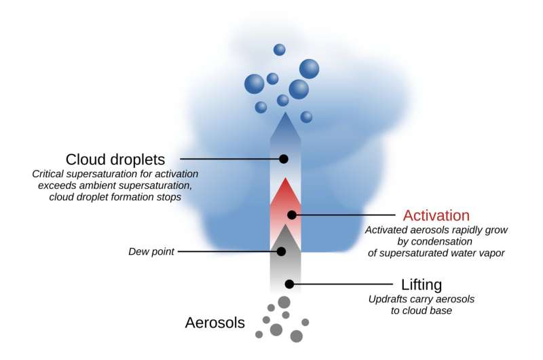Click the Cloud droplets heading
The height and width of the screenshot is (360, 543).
coord(115,160)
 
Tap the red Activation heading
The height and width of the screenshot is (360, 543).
coord(436,215)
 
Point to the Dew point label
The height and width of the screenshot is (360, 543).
coord(151,251)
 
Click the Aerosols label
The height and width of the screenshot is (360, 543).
coord(214,322)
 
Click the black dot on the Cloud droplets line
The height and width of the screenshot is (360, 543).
coord(284,159)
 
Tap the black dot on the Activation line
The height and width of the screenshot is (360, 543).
coord(292,215)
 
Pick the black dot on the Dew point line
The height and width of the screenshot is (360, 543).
coord(282,251)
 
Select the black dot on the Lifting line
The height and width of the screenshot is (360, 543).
coord(290,284)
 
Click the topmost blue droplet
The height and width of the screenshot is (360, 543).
coord(280,50)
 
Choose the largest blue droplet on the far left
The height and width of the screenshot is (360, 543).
coord(255,84)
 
